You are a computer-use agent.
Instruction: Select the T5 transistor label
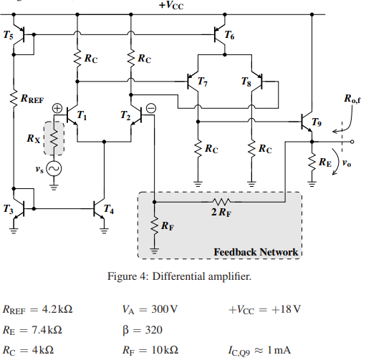point(9,35)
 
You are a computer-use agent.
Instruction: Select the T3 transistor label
point(8,209)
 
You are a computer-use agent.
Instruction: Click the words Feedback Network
point(256,252)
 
